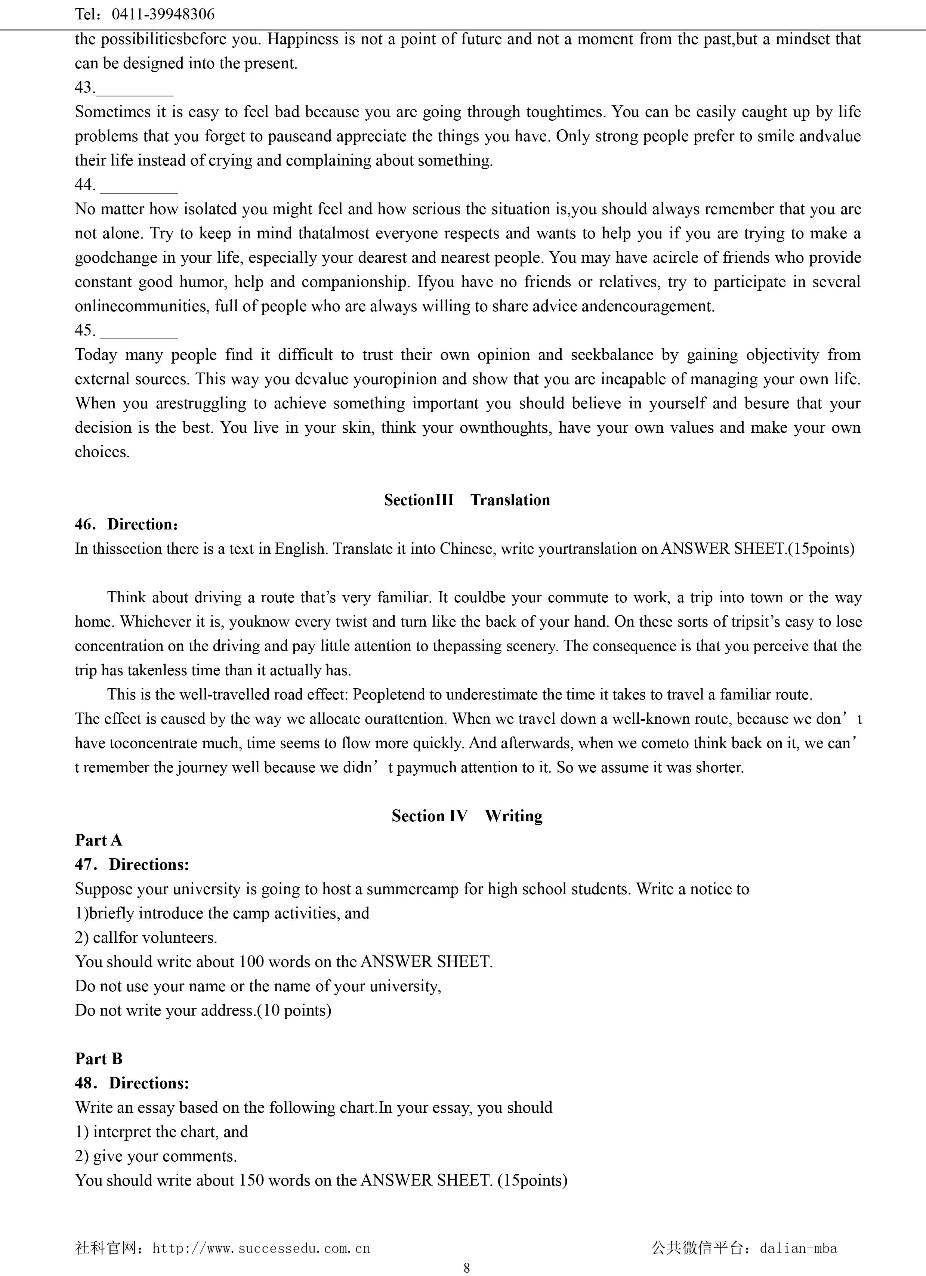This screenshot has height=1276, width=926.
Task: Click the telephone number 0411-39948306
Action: (x=163, y=14)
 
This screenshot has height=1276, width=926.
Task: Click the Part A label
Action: (x=98, y=840)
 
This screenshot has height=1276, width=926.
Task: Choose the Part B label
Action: (x=98, y=1058)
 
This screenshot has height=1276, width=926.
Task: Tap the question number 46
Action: (x=85, y=524)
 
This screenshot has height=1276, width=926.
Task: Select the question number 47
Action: (x=85, y=864)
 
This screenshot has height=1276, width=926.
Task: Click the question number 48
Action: (x=85, y=1082)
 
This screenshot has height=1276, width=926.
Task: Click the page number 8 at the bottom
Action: (x=466, y=1267)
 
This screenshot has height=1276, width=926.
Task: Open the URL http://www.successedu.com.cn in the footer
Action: (x=261, y=1248)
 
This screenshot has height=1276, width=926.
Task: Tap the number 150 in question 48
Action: (x=251, y=1180)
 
